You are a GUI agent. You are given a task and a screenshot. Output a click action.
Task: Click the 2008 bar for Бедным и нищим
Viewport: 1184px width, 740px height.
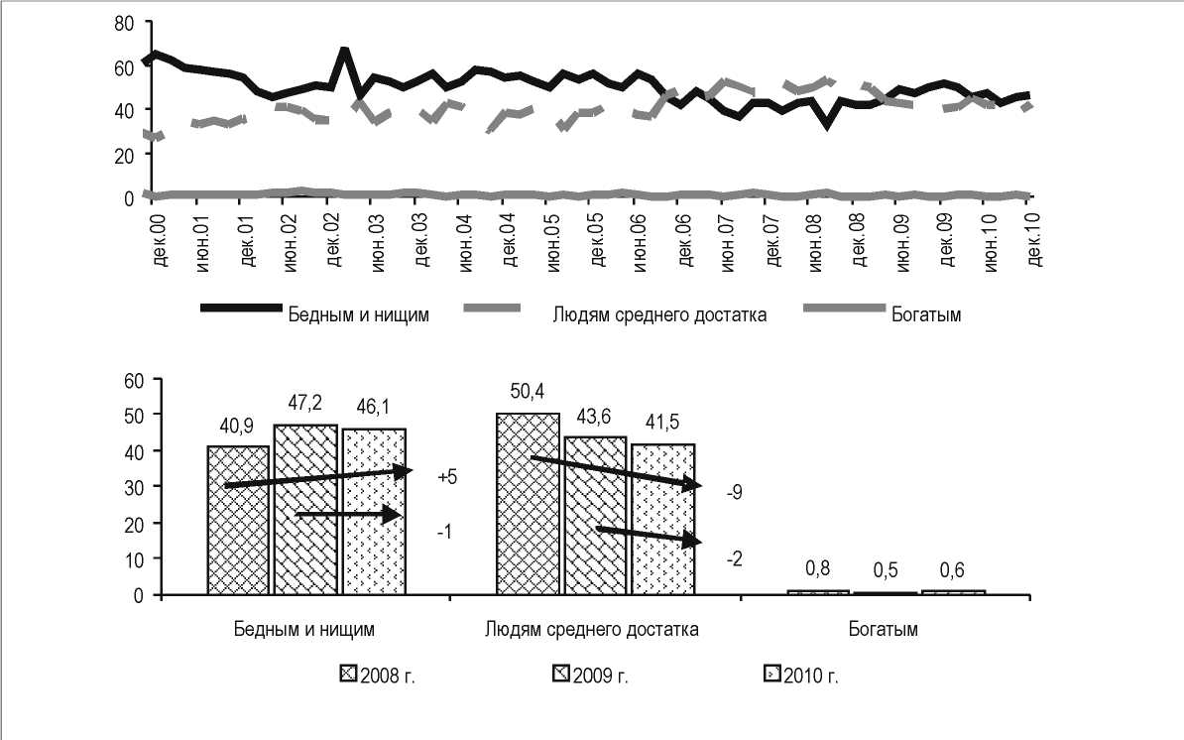click(x=239, y=520)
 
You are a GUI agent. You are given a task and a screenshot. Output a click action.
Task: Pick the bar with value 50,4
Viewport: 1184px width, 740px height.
click(x=528, y=503)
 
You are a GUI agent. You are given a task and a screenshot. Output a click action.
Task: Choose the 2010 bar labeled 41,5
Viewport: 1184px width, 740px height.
click(x=662, y=519)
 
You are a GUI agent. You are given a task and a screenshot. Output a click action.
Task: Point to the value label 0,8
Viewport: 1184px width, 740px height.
click(x=816, y=568)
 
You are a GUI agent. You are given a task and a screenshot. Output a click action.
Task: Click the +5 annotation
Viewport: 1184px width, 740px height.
click(x=446, y=477)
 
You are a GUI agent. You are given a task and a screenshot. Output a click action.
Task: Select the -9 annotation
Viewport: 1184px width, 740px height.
click(x=735, y=492)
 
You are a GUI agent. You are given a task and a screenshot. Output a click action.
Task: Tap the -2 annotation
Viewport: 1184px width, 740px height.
click(x=735, y=559)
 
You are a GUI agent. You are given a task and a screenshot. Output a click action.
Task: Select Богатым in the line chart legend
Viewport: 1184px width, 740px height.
click(x=923, y=315)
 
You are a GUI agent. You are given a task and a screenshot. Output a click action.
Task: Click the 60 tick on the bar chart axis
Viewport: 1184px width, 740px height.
click(x=136, y=379)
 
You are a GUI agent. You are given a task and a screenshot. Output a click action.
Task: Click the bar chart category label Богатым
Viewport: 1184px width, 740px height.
click(x=884, y=629)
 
